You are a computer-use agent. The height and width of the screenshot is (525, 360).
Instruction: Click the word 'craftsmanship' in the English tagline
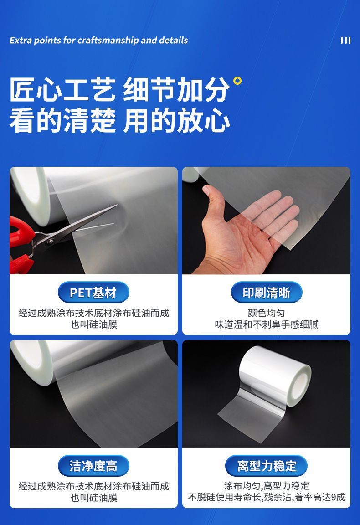[x=108, y=41]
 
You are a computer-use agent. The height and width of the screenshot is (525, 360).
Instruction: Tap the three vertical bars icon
[x=345, y=41]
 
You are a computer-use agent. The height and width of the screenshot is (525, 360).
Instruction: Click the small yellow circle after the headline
[x=237, y=81]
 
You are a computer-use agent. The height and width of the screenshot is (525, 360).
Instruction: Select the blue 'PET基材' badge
[x=93, y=293]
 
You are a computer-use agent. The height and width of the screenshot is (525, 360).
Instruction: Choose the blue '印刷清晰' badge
[x=267, y=293]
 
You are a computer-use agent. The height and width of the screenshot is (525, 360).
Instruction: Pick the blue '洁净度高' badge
[x=93, y=466]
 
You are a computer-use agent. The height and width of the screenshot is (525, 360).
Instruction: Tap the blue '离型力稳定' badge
[x=267, y=466]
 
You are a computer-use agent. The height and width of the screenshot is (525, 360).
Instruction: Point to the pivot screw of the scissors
[x=51, y=241]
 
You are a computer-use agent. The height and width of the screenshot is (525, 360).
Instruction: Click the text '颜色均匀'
[x=267, y=313]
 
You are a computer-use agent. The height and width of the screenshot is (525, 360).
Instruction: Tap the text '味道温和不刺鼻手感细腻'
[x=267, y=324]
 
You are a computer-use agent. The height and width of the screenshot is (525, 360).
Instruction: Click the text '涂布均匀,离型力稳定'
[x=267, y=486]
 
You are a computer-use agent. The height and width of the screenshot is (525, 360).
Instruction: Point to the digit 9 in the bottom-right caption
[x=334, y=498]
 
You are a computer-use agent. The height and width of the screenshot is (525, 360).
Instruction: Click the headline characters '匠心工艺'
[x=63, y=90]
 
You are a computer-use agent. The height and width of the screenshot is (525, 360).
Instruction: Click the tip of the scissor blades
[x=118, y=205]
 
